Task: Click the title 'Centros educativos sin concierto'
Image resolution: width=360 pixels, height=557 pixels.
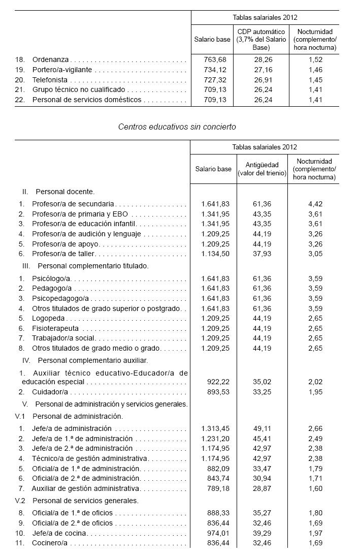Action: pos(177,126)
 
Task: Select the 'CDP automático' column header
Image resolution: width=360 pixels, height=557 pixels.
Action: pos(262,39)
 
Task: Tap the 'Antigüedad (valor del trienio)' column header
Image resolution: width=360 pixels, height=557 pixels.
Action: pos(261,169)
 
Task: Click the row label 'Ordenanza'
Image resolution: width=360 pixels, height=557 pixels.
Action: pos(51,59)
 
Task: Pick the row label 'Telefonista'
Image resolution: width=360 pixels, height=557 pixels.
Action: pos(50,80)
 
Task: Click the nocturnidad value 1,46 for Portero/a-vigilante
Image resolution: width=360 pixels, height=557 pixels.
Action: pos(315,70)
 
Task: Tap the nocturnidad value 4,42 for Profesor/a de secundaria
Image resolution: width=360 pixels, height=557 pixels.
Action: pos(315,204)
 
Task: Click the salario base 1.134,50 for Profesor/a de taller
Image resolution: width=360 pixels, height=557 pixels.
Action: pos(215,253)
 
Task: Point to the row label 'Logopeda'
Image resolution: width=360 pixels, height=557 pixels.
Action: pos(48,318)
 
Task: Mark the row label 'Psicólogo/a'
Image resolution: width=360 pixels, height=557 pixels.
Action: pos(52,278)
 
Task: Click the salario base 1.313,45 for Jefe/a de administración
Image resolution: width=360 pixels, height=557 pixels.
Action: pos(215,428)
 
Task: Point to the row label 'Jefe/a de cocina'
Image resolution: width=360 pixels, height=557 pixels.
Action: pos(59,533)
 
